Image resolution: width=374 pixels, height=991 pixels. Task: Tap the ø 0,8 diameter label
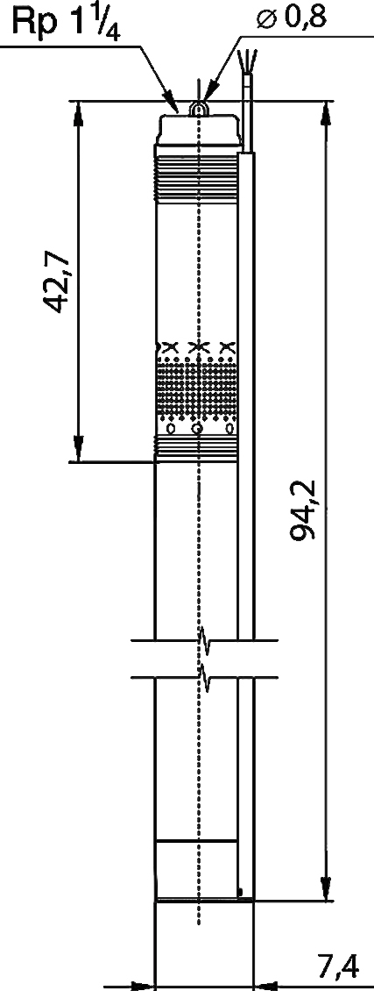click(291, 19)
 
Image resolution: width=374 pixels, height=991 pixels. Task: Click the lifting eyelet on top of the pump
click(199, 110)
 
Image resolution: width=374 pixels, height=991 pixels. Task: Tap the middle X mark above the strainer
click(199, 346)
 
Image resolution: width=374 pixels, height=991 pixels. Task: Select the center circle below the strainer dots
click(198, 430)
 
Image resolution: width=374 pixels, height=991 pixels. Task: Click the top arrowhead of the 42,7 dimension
click(78, 114)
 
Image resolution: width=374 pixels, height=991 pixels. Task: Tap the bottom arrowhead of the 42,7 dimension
click(78, 448)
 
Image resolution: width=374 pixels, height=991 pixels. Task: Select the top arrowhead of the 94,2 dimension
click(326, 114)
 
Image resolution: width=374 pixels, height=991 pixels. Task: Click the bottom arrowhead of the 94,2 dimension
click(326, 886)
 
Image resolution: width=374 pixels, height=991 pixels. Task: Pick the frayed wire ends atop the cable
click(246, 61)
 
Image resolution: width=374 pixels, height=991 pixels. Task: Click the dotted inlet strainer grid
click(197, 388)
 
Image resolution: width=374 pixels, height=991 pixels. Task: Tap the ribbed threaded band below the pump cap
click(197, 178)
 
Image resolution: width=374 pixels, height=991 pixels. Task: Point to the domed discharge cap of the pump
click(197, 130)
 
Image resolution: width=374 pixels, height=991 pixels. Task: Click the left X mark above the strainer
click(169, 346)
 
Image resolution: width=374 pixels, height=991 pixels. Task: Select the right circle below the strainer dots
click(230, 430)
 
